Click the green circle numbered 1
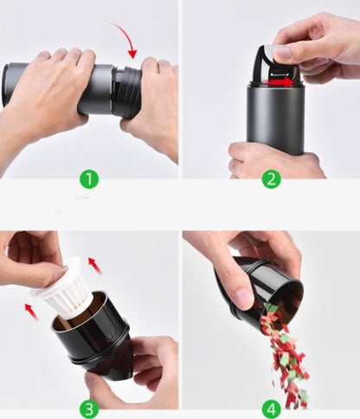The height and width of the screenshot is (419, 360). pos(89,179)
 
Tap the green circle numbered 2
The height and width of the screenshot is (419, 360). pos(271,179)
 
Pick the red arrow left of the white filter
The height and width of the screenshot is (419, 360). pos(30,309)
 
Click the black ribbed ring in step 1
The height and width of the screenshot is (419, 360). pos(127,92)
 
